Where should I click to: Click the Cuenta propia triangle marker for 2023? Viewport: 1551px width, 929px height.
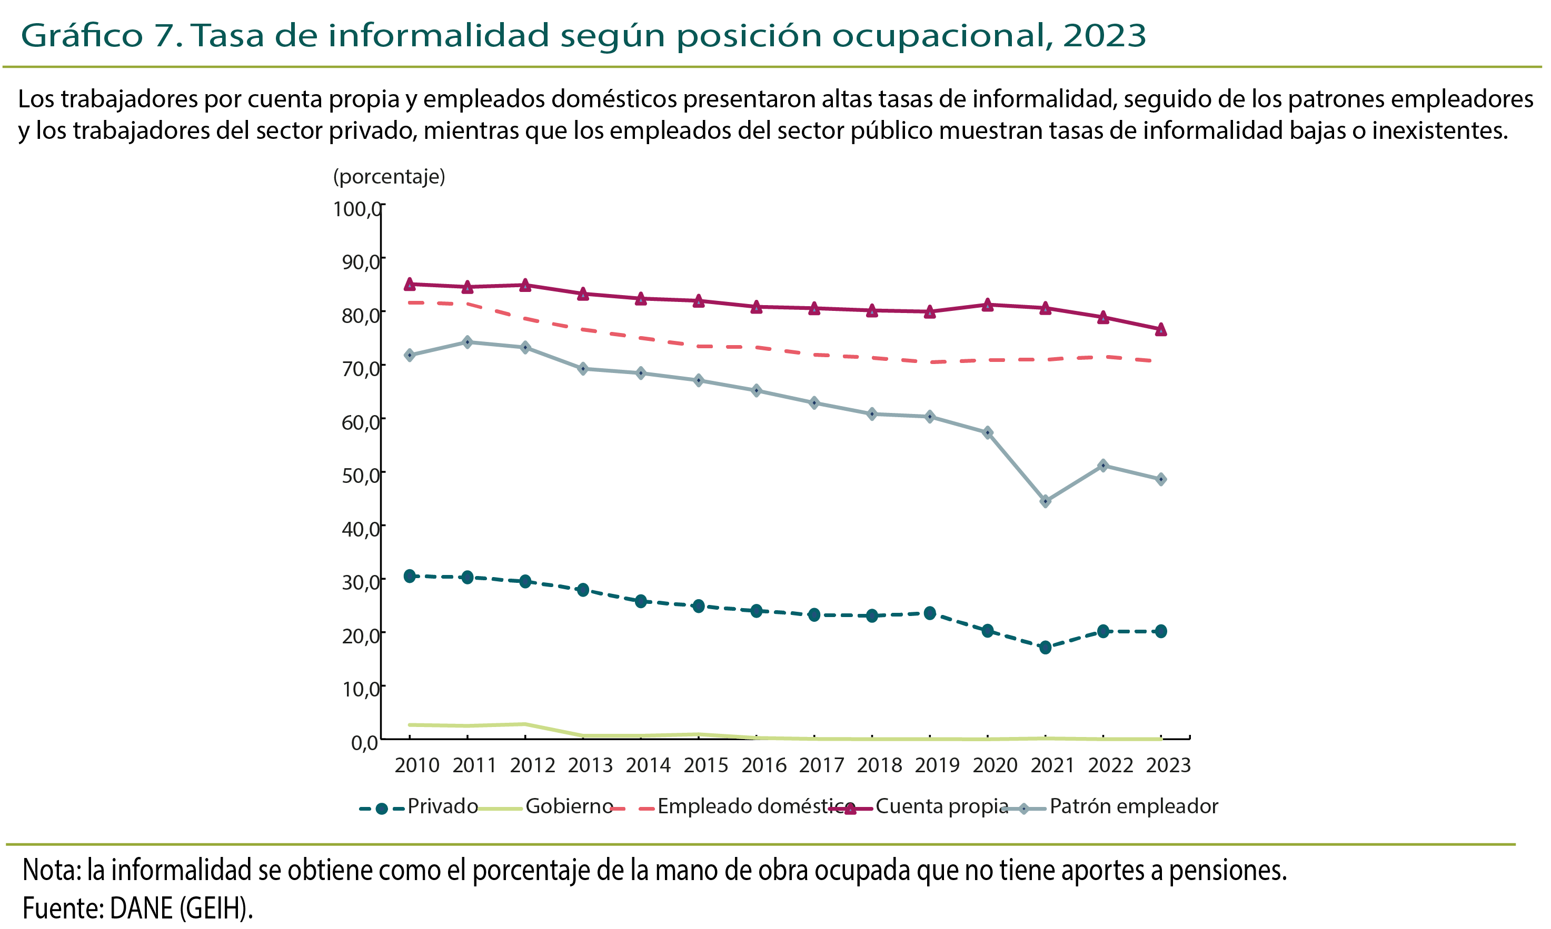click(x=1161, y=329)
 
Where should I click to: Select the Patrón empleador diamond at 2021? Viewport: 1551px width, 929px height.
click(x=1045, y=501)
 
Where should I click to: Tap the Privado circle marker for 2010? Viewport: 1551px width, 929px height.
click(x=410, y=576)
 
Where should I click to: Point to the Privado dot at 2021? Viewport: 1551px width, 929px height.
click(x=1045, y=647)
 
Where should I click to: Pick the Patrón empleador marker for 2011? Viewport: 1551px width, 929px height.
click(x=468, y=342)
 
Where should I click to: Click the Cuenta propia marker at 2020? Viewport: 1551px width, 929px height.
click(x=987, y=305)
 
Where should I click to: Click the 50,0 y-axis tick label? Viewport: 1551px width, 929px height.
click(x=360, y=475)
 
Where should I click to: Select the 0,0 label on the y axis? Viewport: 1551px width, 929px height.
click(x=364, y=742)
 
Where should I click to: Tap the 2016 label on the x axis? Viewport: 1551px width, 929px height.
click(x=763, y=765)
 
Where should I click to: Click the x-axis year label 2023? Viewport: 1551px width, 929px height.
click(x=1168, y=765)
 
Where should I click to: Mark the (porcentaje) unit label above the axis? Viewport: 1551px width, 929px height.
click(x=389, y=177)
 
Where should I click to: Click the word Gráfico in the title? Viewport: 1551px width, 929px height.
click(x=82, y=35)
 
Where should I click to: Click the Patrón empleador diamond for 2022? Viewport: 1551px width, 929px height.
click(x=1103, y=465)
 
